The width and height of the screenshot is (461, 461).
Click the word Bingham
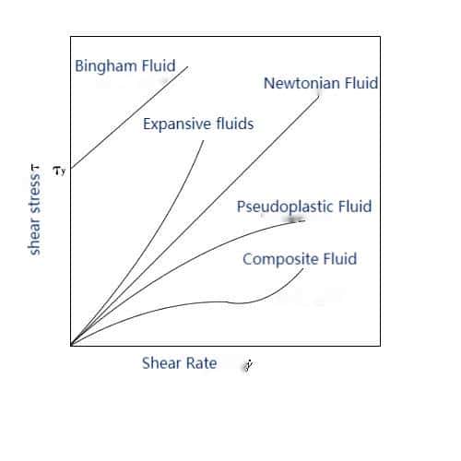106,66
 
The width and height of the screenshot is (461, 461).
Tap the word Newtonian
301,83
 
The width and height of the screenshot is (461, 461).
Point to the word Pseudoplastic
285,207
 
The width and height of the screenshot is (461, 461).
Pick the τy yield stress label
59,171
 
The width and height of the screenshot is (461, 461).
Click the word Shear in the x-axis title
161,363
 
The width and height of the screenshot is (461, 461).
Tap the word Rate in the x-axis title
202,363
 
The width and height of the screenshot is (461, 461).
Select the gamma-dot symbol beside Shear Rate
248,365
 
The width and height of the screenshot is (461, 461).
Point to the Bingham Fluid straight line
129,117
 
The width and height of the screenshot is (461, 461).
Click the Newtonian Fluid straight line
195,220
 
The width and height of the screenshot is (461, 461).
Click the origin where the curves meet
71,345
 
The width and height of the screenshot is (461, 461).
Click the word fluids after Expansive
235,124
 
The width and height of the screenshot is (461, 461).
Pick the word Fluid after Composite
340,259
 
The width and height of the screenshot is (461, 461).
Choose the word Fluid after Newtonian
361,83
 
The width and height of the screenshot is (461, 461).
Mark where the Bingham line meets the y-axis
71,169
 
